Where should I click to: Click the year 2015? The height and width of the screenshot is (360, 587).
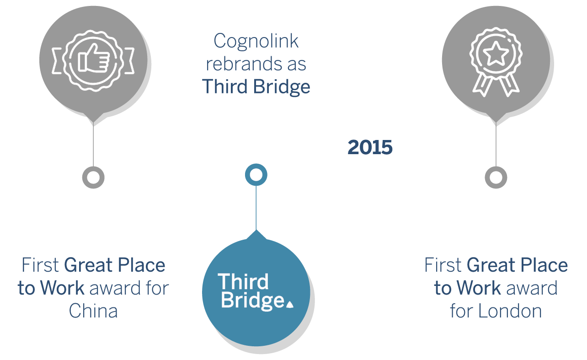coord(370,147)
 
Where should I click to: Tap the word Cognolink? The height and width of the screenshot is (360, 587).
coord(256,41)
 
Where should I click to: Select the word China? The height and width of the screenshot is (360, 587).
coord(93,311)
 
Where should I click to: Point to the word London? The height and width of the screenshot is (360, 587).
coord(510,311)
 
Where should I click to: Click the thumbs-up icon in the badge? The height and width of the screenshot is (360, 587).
coord(94,58)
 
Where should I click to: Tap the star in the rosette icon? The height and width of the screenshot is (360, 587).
coord(496,54)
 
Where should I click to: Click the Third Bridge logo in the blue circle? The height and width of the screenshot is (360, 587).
coord(256,291)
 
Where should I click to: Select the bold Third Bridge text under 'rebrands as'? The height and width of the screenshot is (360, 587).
coord(256,87)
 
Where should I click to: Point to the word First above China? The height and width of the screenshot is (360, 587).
coord(40,265)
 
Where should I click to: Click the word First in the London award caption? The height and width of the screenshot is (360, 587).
coord(443,265)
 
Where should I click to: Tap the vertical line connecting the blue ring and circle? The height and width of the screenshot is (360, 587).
coord(256,208)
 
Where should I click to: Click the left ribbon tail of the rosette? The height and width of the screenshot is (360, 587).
coord(482,85)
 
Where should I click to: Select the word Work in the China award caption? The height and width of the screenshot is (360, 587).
coord(62,288)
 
